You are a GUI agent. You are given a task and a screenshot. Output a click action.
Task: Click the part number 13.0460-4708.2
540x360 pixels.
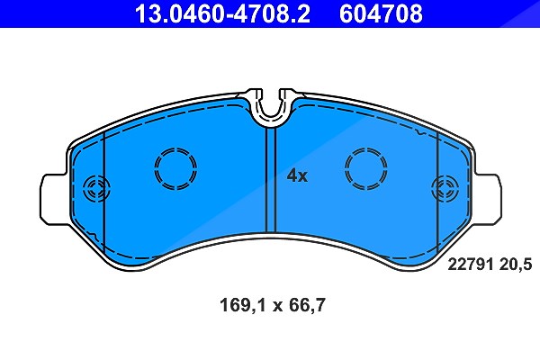[222, 13]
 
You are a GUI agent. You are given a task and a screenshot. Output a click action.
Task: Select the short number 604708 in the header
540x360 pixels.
[381, 13]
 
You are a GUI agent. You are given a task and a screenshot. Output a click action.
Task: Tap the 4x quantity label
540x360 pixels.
[297, 176]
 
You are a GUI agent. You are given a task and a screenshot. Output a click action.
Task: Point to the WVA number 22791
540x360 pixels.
[471, 265]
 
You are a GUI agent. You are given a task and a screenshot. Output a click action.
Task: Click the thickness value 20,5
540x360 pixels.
[515, 265]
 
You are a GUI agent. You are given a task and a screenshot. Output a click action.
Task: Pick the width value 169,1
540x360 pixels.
[243, 305]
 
